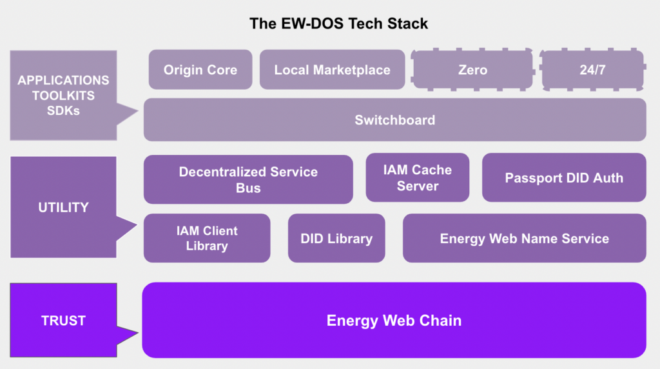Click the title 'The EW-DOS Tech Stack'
[x=339, y=25]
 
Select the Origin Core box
[x=200, y=70]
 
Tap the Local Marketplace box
[x=332, y=70]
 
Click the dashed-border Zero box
[x=472, y=70]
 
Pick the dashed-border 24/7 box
[x=592, y=70]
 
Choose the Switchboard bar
[x=394, y=120]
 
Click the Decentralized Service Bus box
[x=248, y=179]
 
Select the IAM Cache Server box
[x=418, y=178]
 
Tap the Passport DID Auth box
[x=564, y=177]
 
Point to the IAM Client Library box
[x=207, y=238]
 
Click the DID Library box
[x=336, y=238]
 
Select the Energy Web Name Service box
[x=524, y=238]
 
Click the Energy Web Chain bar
[x=394, y=320]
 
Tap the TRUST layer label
[x=63, y=321]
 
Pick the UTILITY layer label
[x=63, y=207]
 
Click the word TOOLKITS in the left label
[x=63, y=95]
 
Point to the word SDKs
[x=63, y=110]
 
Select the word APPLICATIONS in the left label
[x=63, y=81]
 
